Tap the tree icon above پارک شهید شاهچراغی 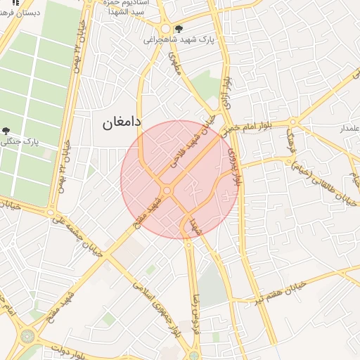(x=179, y=30)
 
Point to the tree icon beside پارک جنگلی (x=6, y=131)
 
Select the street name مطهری (x=176, y=67)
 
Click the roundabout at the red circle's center (x=167, y=191)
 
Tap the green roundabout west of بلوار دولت (x=27, y=337)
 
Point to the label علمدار (x=349, y=129)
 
